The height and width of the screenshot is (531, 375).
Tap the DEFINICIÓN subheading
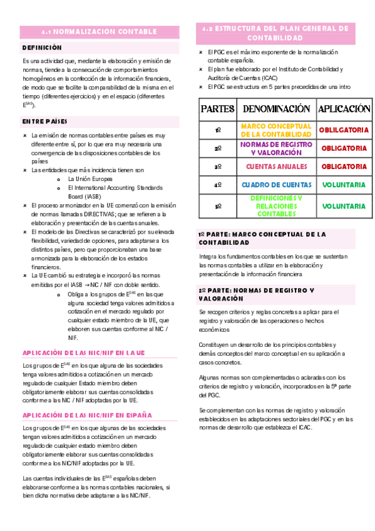click(x=42, y=48)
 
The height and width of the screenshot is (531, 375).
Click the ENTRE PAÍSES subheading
click(x=44, y=121)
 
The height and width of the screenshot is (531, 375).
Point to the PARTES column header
click(x=218, y=109)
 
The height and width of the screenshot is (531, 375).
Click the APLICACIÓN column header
click(x=344, y=109)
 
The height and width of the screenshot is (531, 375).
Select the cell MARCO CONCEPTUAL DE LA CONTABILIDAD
click(x=276, y=130)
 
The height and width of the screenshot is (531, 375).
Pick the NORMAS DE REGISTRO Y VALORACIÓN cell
click(x=276, y=148)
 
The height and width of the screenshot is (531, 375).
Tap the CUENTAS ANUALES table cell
click(x=276, y=167)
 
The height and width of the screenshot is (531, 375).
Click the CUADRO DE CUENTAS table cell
click(x=276, y=185)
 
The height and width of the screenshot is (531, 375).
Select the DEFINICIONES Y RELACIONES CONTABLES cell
click(x=276, y=206)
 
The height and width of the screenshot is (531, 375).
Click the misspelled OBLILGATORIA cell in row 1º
click(x=344, y=130)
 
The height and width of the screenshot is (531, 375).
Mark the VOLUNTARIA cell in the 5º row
click(x=344, y=206)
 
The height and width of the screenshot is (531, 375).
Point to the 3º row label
click(x=218, y=167)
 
